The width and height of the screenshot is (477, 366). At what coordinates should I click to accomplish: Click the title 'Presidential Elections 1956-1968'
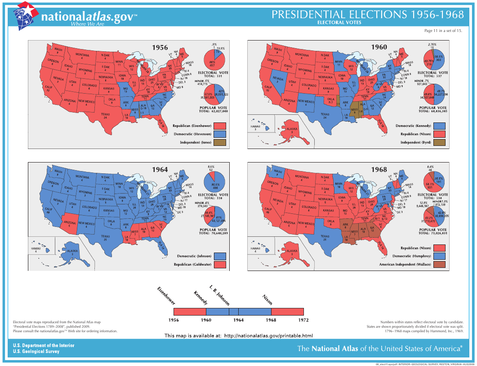368,14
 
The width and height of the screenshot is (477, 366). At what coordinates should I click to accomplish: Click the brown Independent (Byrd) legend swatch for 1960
439,142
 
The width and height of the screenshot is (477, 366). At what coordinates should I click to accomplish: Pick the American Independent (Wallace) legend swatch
439,264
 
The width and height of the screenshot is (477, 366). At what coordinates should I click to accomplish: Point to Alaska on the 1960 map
292,130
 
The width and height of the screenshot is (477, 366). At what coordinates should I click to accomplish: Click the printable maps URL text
238,335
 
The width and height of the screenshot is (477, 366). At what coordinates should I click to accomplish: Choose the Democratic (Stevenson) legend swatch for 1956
220,134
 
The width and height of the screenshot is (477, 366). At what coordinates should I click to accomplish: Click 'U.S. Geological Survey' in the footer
36,351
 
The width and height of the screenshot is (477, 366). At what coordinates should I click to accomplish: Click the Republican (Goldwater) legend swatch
220,264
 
